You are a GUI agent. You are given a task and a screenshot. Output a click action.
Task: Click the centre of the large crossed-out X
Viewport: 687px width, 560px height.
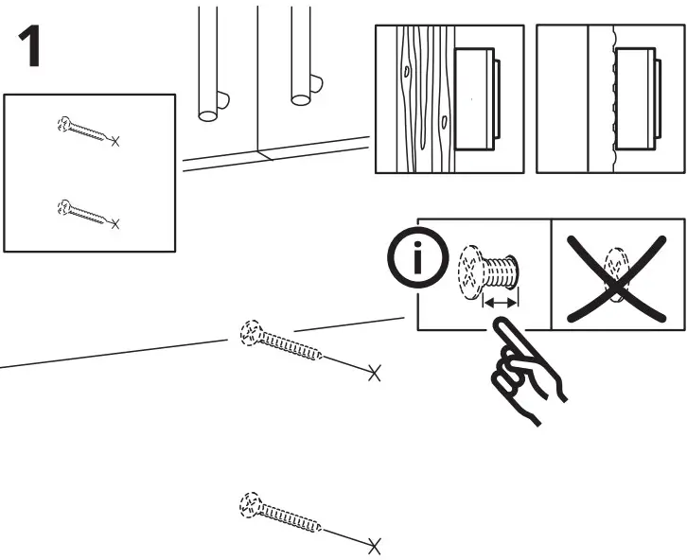(x=617, y=275)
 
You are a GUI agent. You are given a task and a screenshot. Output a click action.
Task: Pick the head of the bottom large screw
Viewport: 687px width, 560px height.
(x=250, y=502)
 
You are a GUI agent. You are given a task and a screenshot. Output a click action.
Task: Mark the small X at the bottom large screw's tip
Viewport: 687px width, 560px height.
(x=375, y=546)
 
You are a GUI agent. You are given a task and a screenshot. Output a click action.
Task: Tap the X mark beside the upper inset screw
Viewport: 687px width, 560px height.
(x=115, y=142)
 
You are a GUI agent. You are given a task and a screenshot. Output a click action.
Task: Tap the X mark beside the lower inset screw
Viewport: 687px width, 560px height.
(x=115, y=224)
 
